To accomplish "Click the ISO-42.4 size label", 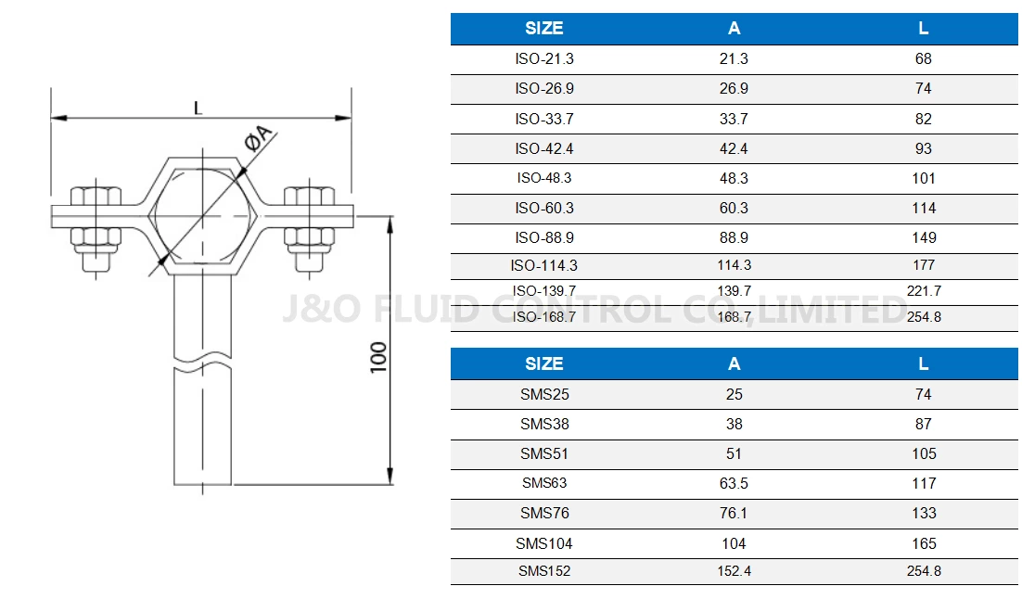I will click(x=543, y=148).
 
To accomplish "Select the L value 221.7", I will click(x=923, y=291).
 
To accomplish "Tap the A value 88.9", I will click(x=734, y=237).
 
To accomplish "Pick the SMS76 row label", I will click(x=544, y=513).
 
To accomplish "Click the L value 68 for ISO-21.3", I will click(x=923, y=58).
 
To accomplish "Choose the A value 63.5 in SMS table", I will click(x=734, y=483).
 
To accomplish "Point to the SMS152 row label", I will click(x=544, y=571).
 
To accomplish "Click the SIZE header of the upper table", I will click(x=543, y=28).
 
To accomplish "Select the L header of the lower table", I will click(x=923, y=363).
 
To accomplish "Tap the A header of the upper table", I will click(x=734, y=28).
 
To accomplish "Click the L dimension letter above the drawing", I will click(x=198, y=108).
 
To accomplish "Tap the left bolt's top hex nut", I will click(x=96, y=197).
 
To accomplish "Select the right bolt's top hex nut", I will click(x=309, y=197).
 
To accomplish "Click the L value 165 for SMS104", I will click(x=923, y=543).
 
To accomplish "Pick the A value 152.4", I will click(x=734, y=571).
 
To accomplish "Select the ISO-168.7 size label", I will click(x=543, y=317).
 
